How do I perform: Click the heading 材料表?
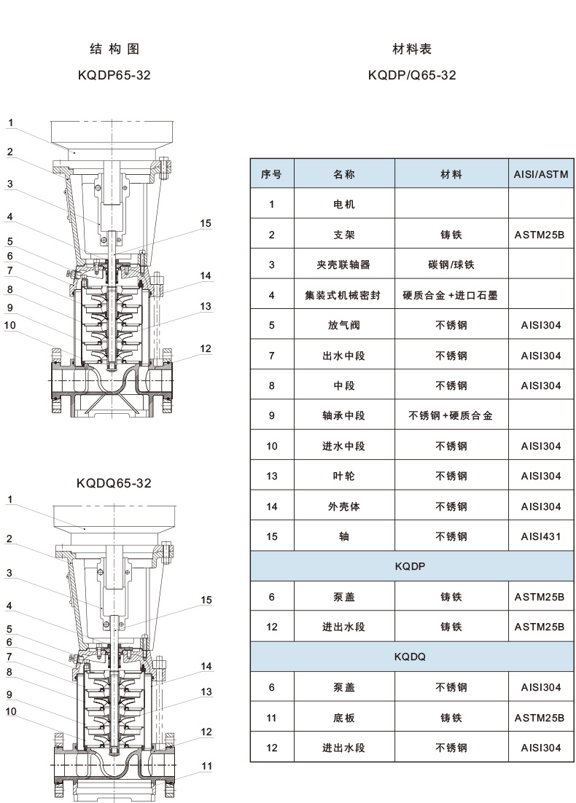pos(412,50)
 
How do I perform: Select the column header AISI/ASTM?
pos(540,175)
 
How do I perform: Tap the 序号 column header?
pos(271,175)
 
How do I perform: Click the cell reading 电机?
pos(344,205)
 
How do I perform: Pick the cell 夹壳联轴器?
pos(344,265)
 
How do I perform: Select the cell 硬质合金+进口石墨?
pos(451,296)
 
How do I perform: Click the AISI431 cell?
pos(540,537)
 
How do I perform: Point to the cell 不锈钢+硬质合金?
pos(451,416)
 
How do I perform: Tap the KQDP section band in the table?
pos(409,566)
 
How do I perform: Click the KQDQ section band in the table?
pos(409,657)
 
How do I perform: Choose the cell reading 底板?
pos(344,718)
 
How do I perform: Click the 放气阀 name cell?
pos(344,326)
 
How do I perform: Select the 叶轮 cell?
pos(344,477)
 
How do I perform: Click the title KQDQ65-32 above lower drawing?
pos(114,482)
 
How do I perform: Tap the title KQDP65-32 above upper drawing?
pos(114,75)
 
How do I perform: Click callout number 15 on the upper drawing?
pos(206,224)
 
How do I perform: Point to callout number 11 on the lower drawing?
pos(206,766)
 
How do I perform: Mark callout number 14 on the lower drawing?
pos(206,666)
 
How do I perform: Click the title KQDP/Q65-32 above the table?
pos(412,75)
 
